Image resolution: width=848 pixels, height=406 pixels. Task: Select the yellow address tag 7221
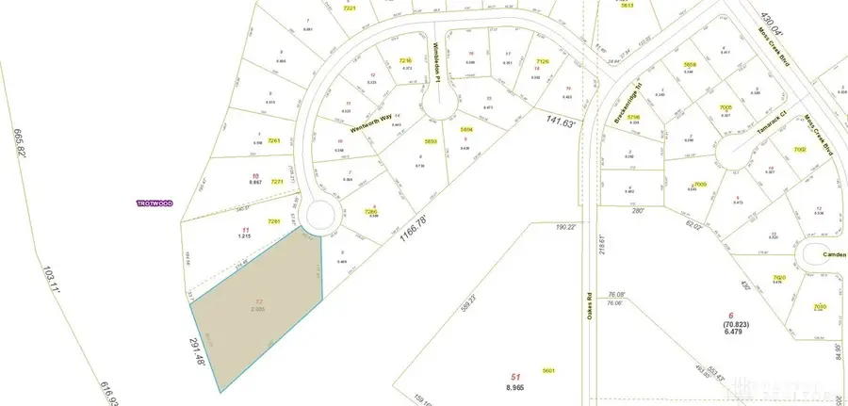(x=351, y=8)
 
